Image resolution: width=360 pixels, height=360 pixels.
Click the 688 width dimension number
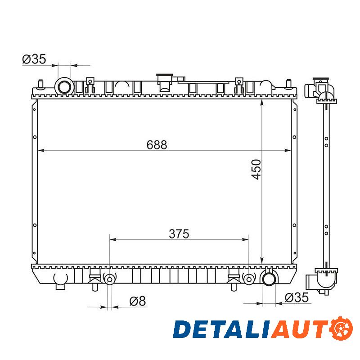[157, 145]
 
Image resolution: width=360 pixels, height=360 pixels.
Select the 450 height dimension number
[256, 170]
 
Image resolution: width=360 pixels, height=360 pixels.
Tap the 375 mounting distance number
[179, 234]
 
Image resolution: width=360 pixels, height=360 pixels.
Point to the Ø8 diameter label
[138, 301]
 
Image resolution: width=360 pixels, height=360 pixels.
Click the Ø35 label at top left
[34, 59]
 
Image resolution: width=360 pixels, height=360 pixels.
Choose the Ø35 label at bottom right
[297, 298]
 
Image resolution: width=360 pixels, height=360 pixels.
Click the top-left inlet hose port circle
[64, 87]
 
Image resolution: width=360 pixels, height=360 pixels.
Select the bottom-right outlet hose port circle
[269, 279]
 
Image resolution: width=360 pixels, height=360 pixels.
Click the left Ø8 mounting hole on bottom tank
[109, 279]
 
